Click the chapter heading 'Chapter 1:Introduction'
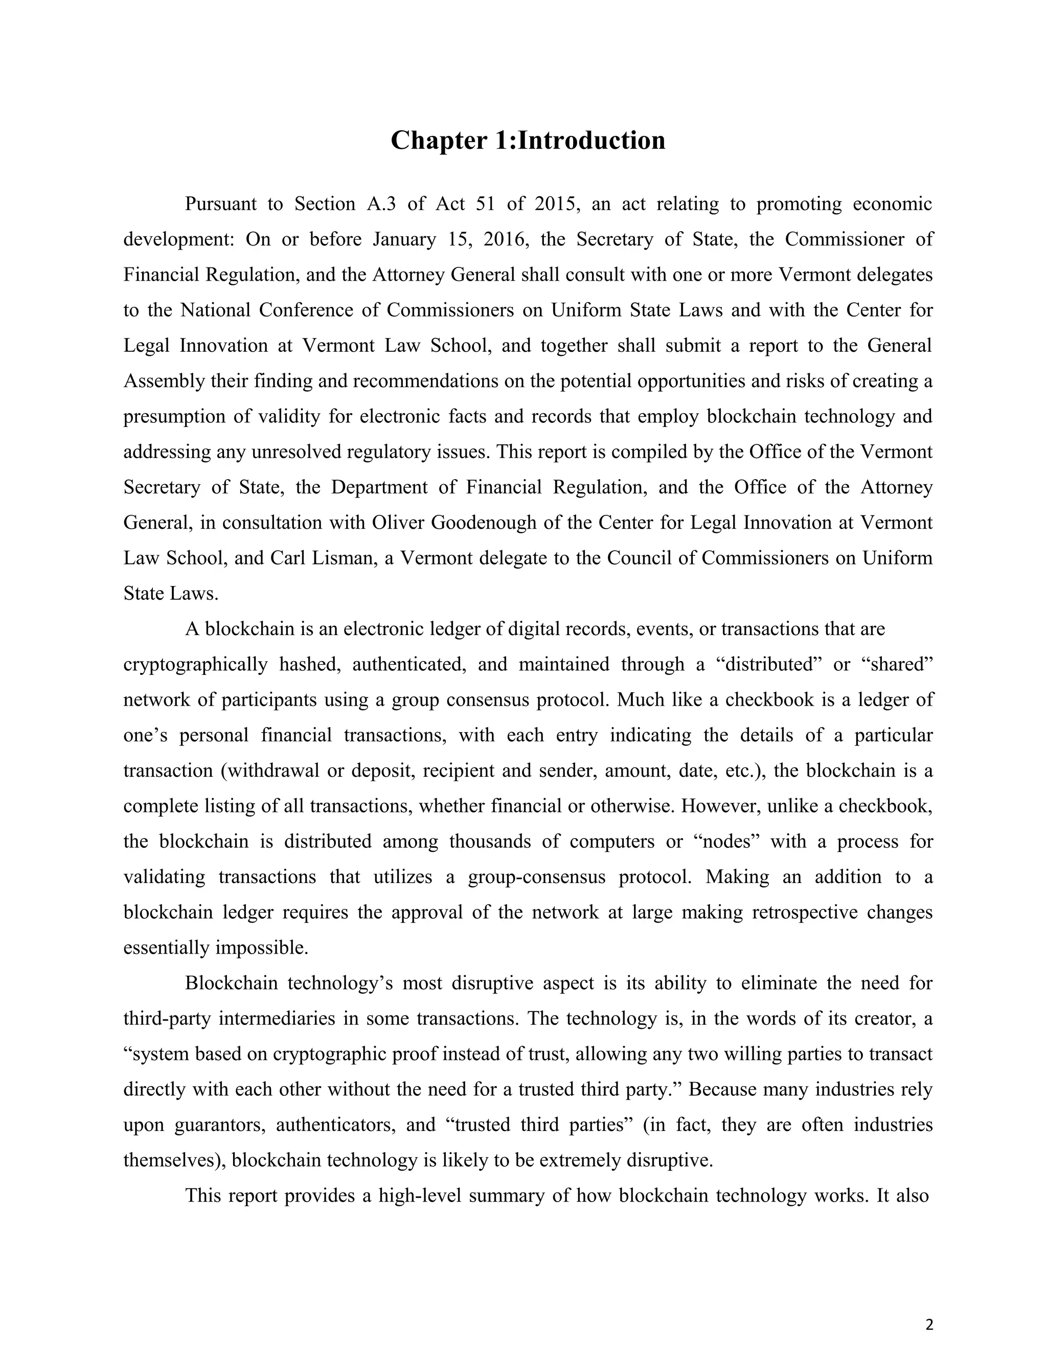[528, 140]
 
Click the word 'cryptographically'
[195, 665]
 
